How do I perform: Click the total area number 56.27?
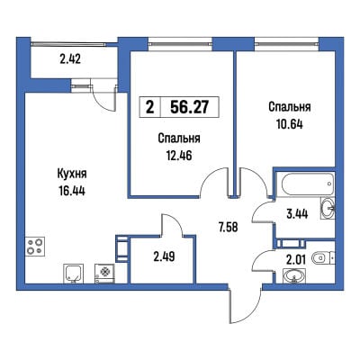[x=189, y=107]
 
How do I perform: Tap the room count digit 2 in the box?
[x=149, y=107]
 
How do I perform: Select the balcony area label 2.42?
[x=70, y=59]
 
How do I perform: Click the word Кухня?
[x=72, y=174]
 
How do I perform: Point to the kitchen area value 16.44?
[x=72, y=190]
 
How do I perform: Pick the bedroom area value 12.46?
[x=179, y=155]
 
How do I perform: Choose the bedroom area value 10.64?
[x=289, y=123]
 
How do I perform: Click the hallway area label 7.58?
[x=228, y=227]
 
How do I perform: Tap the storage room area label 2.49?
[x=164, y=256]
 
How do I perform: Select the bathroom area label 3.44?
[x=297, y=214]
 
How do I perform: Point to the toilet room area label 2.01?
[x=296, y=260]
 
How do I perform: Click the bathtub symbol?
[x=305, y=184]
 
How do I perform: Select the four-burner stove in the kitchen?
[x=35, y=247]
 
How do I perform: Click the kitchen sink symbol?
[x=74, y=274]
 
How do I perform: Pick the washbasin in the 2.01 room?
[x=294, y=276]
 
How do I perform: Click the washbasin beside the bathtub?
[x=328, y=207]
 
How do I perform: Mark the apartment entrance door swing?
[x=245, y=306]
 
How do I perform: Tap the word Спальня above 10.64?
[x=290, y=107]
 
